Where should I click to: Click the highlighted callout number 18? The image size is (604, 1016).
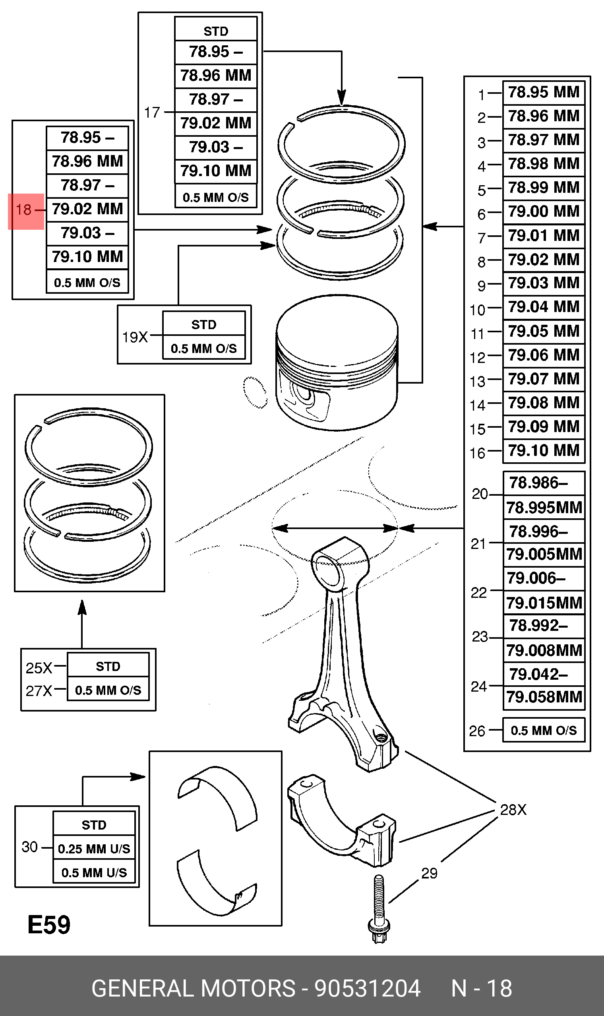(x=23, y=210)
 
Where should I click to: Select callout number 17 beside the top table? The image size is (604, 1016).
(x=152, y=112)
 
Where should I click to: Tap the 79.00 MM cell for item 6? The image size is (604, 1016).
(x=543, y=211)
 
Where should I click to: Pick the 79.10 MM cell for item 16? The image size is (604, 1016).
(x=543, y=451)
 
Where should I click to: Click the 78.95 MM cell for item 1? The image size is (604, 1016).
(x=543, y=92)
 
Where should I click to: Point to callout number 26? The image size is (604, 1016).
(x=477, y=731)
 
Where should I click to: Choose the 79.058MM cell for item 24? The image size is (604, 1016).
(x=544, y=697)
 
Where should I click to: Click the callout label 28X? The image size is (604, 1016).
(x=513, y=810)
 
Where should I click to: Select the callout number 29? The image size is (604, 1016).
(x=430, y=874)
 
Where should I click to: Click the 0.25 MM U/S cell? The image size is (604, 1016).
(x=94, y=849)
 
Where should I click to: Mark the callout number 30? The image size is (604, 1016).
(x=30, y=847)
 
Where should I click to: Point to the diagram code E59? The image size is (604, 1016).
(x=49, y=925)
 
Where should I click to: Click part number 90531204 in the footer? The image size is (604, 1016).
(x=368, y=988)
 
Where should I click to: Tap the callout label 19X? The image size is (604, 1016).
(x=135, y=337)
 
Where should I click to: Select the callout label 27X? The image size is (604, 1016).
(x=39, y=691)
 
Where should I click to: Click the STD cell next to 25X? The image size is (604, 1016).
(x=108, y=666)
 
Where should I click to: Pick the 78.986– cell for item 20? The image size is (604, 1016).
(x=538, y=483)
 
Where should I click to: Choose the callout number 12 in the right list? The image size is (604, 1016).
(x=478, y=358)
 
